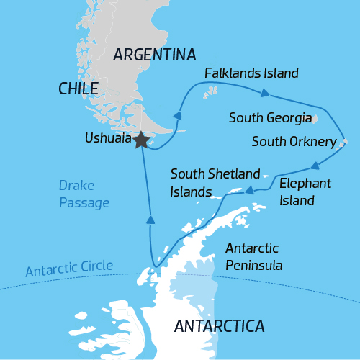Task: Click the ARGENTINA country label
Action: [155, 55]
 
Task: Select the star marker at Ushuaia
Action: [141, 140]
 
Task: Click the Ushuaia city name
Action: [107, 137]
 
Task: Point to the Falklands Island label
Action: [251, 73]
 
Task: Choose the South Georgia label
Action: [270, 117]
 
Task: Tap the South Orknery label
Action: [294, 142]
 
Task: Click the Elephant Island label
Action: [305, 192]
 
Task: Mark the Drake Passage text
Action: [84, 194]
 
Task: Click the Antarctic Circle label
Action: [69, 269]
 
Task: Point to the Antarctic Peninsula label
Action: [253, 256]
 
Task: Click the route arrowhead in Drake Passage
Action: [150, 220]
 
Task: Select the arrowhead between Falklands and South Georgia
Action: [266, 93]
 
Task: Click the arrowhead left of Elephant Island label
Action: [248, 191]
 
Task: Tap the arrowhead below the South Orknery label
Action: [315, 164]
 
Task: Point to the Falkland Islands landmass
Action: [212, 91]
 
